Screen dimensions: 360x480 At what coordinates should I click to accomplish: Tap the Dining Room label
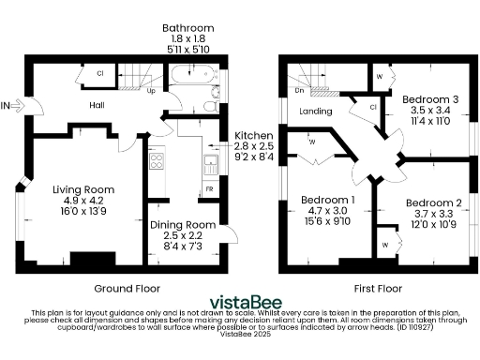[x=181, y=224]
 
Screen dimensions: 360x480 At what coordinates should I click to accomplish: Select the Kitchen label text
[x=253, y=136]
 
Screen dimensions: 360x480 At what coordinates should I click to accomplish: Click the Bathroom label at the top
[x=187, y=29]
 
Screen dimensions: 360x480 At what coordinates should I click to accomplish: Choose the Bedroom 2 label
[x=432, y=202]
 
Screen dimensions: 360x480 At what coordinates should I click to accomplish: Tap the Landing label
[x=312, y=112]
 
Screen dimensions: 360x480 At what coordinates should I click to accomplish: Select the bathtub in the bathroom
[x=191, y=75]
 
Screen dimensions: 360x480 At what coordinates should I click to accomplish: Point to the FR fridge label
[x=209, y=188]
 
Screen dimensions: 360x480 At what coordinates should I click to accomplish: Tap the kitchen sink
[x=210, y=165]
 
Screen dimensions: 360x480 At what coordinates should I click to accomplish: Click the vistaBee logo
[x=239, y=301]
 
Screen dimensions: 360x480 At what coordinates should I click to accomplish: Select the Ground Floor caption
[x=127, y=288]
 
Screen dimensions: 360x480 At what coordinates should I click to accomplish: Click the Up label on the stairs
[x=151, y=91]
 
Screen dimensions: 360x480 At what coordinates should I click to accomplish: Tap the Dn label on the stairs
[x=299, y=91]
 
